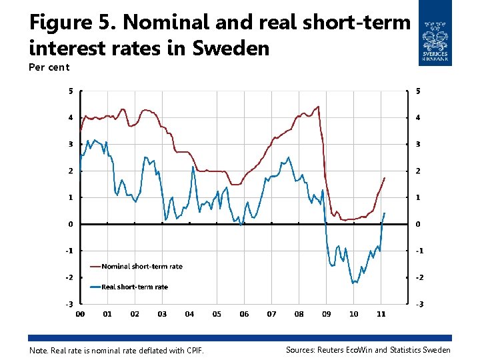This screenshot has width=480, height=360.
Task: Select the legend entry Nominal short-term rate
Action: tap(141, 267)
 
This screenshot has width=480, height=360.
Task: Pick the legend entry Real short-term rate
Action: tap(134, 287)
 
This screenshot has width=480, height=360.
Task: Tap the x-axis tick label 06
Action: tap(244, 314)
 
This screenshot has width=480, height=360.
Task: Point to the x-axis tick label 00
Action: tap(80, 314)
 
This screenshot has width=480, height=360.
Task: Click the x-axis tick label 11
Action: tap(381, 314)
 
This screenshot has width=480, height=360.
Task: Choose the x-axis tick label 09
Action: tap(326, 314)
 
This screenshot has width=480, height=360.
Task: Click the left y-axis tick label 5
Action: tap(70, 91)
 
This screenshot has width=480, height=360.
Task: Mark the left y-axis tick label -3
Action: tap(69, 304)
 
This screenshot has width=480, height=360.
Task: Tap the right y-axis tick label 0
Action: tap(418, 225)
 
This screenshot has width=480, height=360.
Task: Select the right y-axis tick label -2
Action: tap(419, 277)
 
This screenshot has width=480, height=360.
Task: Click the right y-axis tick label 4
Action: tap(418, 118)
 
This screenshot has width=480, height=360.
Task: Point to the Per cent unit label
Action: tap(49, 67)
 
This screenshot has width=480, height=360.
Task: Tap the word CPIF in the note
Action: tap(193, 351)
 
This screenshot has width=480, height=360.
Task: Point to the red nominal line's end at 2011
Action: tap(385, 178)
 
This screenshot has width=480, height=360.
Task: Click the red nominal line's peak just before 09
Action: tap(318, 107)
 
